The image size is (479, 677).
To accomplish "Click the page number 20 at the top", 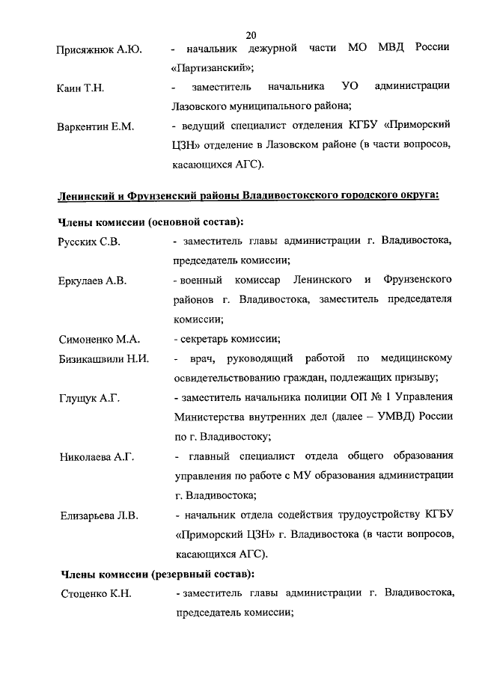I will coord(251,34).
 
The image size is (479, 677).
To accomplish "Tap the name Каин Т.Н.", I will coord(80,89).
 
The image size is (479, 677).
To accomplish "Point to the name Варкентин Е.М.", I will coord(95,127).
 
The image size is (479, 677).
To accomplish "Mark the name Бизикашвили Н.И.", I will coord(103,359).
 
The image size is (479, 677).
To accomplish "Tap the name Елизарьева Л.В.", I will coord(97,515).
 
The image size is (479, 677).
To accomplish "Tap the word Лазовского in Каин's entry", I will coord(204,108).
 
